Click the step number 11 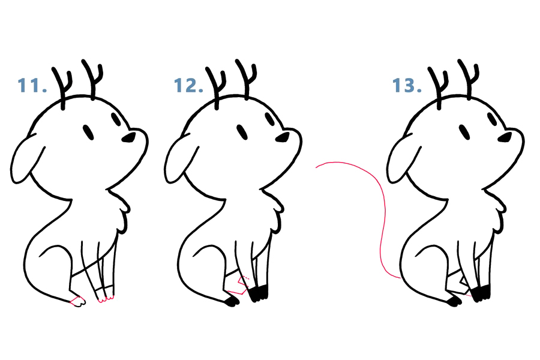pyautogui.click(x=32, y=85)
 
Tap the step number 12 pyautogui.click(x=188, y=85)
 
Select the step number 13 pyautogui.click(x=407, y=85)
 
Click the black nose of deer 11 pyautogui.click(x=129, y=137)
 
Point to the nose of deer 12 pyautogui.click(x=283, y=137)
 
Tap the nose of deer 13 pyautogui.click(x=505, y=137)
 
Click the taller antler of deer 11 pyautogui.click(x=92, y=79)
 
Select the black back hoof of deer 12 pyautogui.click(x=232, y=302)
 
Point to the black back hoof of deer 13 pyautogui.click(x=455, y=302)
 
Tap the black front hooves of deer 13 pyautogui.click(x=481, y=293)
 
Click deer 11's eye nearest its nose pyautogui.click(x=116, y=119)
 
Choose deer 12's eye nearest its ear pyautogui.click(x=242, y=132)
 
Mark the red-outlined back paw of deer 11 pyautogui.click(x=78, y=301)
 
